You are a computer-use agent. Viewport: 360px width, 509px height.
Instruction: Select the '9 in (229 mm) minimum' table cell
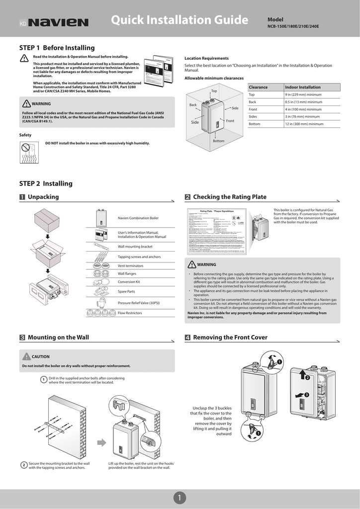[x=303, y=94]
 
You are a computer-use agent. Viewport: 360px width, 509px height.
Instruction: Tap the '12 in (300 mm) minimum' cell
[x=304, y=124]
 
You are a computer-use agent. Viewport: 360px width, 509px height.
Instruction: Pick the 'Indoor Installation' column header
[x=302, y=87]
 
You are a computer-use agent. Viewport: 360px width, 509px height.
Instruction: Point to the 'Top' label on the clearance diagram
[x=214, y=91]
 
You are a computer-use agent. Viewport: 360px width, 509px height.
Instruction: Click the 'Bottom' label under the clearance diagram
[x=219, y=141]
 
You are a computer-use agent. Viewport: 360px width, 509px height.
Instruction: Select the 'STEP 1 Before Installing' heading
[x=57, y=48]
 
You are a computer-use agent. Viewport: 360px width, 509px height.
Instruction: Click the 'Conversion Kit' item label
[x=129, y=281]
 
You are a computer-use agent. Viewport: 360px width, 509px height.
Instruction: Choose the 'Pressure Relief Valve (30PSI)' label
[x=141, y=303]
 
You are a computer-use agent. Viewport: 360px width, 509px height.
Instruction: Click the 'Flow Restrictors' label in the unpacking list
[x=130, y=313]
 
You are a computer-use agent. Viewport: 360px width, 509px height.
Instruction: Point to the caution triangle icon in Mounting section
[x=26, y=356]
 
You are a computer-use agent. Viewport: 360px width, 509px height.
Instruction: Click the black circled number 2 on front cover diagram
[x=307, y=378]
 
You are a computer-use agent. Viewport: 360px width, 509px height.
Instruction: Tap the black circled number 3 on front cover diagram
[x=307, y=395]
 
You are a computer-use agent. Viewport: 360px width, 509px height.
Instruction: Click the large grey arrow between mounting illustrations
[x=101, y=442]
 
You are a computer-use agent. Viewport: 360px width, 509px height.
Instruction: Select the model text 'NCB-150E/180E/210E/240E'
[x=293, y=26]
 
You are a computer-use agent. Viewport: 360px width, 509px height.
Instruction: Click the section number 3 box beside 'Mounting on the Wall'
[x=22, y=338]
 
